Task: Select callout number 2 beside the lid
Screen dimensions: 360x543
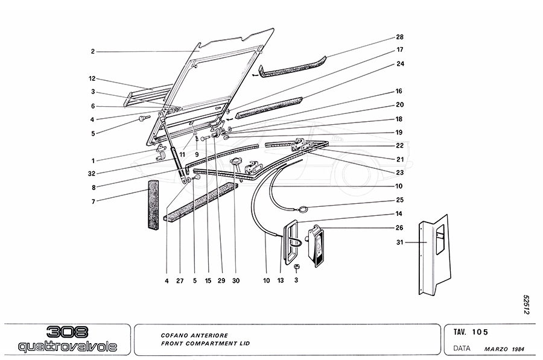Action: coord(93,52)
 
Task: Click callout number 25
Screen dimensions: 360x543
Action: coord(399,200)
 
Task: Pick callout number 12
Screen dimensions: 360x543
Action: coord(93,79)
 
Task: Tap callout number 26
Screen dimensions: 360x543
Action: coord(399,228)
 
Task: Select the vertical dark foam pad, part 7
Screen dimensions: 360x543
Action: coord(154,205)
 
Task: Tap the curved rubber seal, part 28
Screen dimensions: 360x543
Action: coord(293,68)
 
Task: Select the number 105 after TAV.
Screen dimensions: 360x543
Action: coord(481,332)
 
